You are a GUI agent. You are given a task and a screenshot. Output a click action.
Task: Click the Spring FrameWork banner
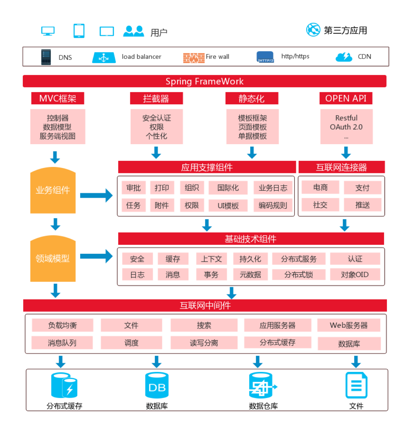(204, 81)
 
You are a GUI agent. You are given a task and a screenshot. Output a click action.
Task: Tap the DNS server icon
(46, 57)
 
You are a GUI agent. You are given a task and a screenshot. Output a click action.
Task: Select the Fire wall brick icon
(194, 57)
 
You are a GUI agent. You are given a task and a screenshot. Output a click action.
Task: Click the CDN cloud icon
(343, 57)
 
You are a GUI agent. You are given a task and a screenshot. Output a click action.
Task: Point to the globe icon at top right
(313, 30)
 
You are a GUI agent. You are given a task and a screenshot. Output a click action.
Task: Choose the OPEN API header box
(346, 98)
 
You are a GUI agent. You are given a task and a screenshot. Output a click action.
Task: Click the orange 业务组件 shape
(53, 190)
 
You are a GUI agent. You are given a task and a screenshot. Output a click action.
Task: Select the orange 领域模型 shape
(53, 259)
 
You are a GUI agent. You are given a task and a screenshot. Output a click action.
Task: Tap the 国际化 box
(228, 188)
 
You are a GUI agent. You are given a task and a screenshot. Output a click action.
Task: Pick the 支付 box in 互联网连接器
(362, 188)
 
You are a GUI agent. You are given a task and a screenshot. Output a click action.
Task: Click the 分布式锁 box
(299, 274)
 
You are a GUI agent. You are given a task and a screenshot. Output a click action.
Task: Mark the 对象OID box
(355, 274)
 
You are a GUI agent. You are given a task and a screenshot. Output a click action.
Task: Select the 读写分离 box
(204, 343)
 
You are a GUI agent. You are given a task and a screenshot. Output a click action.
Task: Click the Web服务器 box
(348, 325)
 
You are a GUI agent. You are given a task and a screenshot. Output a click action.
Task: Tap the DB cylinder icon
(157, 385)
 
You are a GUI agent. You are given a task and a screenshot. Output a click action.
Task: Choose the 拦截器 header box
(156, 98)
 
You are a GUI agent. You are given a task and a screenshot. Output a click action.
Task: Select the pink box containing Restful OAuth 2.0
(346, 127)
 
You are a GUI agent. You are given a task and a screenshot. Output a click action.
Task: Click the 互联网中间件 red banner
(205, 305)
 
